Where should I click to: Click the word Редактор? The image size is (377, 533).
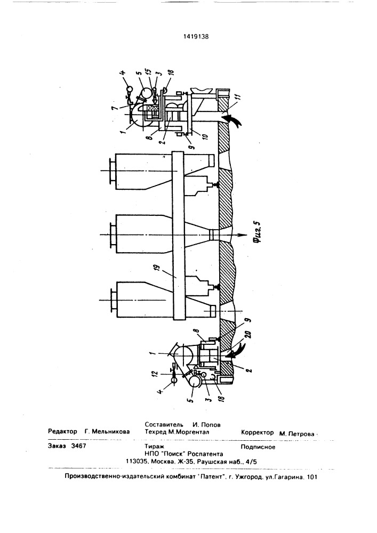pos(62,431)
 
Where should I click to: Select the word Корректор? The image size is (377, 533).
pos(258,432)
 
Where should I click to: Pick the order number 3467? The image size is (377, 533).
pos(78,446)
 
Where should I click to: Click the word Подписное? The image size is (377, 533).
pos(258,447)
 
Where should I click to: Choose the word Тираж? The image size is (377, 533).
pos(154,447)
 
